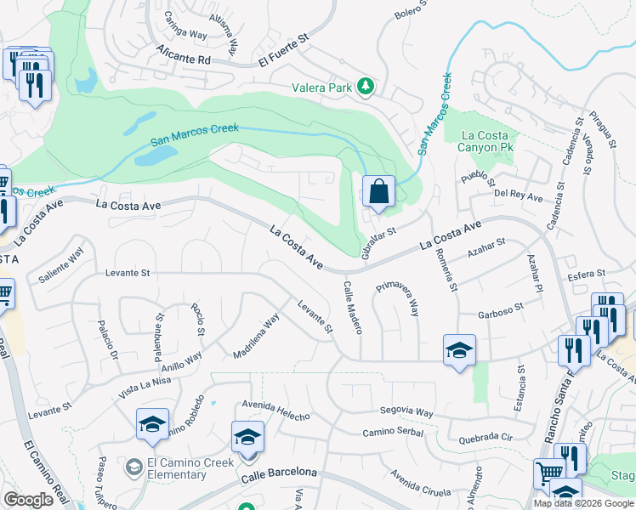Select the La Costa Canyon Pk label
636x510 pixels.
(x=486, y=141)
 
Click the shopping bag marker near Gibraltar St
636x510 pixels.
(x=378, y=191)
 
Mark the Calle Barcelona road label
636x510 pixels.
(x=278, y=473)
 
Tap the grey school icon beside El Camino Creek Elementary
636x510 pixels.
(x=133, y=467)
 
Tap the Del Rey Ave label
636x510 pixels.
(x=519, y=195)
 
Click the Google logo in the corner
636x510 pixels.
(x=28, y=500)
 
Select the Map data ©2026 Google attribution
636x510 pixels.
(x=582, y=502)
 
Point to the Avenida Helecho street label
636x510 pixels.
(x=275, y=410)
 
